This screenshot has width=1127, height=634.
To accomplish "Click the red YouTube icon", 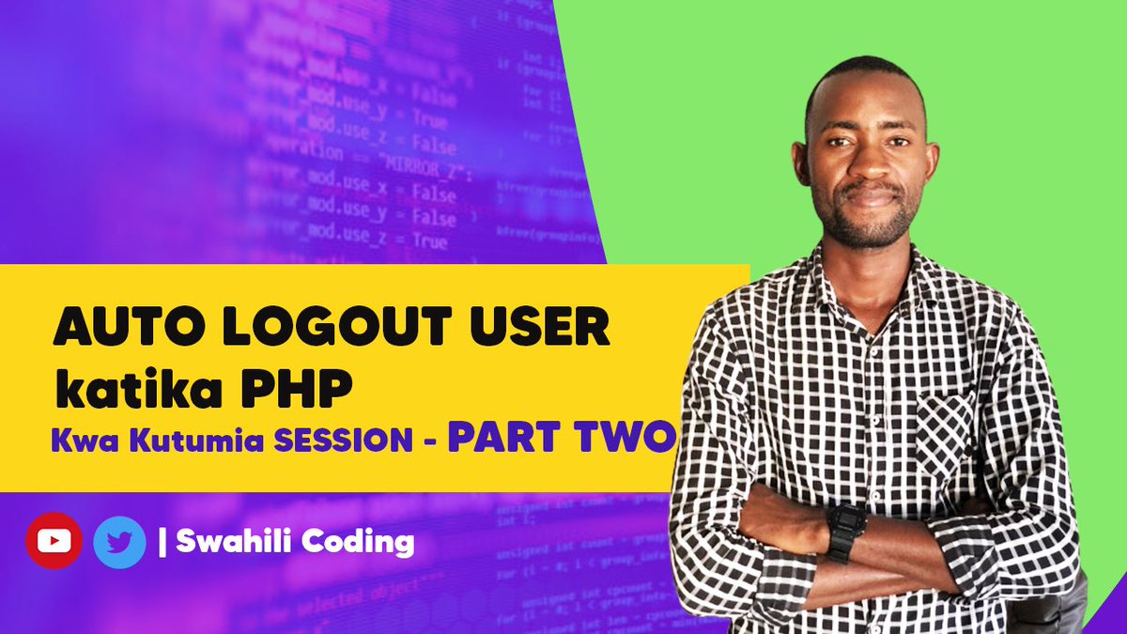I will [53, 541].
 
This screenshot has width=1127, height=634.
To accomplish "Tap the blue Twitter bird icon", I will [119, 542].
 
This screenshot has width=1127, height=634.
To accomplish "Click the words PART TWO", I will [561, 437].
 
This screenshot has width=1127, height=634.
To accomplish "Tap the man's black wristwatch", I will [845, 531].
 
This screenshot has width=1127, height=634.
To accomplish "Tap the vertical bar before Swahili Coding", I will [164, 542].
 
